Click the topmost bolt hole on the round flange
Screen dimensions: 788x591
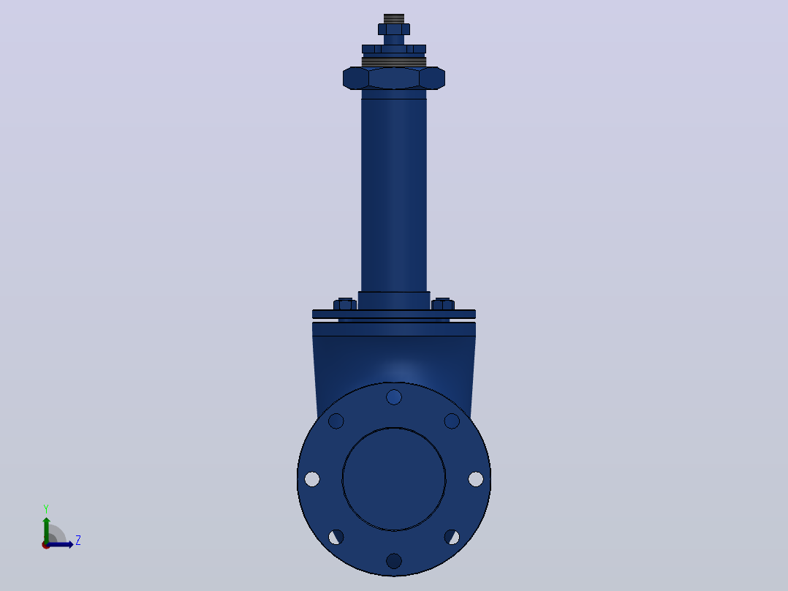[x=394, y=397]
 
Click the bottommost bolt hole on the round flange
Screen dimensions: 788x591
[x=394, y=561]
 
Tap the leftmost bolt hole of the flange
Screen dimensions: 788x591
[x=312, y=479]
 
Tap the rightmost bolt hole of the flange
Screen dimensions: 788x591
[x=476, y=479]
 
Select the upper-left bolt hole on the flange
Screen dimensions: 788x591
[x=336, y=421]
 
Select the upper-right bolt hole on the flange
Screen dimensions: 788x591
[x=452, y=421]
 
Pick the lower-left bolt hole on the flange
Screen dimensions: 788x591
[x=336, y=537]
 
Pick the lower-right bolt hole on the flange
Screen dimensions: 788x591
[x=452, y=537]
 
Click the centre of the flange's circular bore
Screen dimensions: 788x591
[x=394, y=479]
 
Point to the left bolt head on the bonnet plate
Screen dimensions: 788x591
[x=345, y=304]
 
